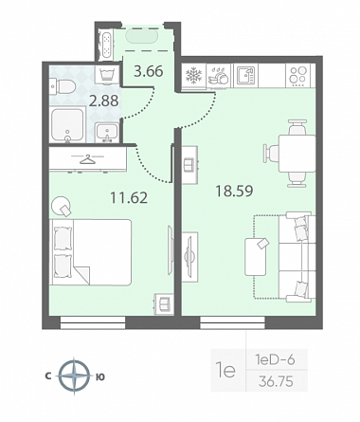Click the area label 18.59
point(234,191)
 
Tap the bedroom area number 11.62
point(129,198)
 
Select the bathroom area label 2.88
point(103,101)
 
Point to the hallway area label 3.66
point(149,71)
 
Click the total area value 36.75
point(276,381)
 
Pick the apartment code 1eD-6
point(275,359)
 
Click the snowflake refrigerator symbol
point(193,76)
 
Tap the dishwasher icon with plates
point(219,76)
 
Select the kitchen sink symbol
point(245,76)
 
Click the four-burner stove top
point(298,76)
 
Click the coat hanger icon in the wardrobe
point(88,159)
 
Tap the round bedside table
point(61,207)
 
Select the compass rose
point(74,376)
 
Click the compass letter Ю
point(100,376)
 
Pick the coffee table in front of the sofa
point(256,257)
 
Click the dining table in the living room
point(297,154)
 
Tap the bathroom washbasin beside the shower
point(107,133)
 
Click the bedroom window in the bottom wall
point(93,323)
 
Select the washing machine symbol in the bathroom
point(108,76)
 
